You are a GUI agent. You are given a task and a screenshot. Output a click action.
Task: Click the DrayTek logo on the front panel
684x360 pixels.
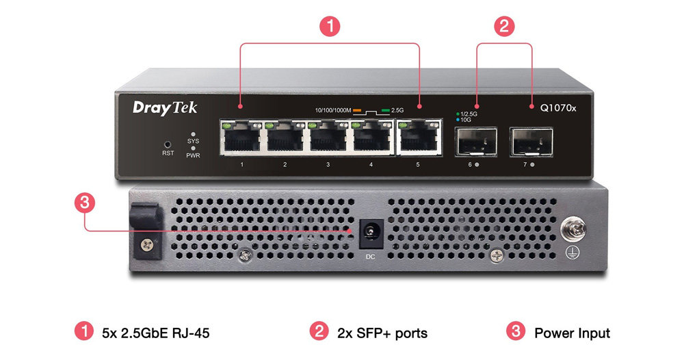(155, 107)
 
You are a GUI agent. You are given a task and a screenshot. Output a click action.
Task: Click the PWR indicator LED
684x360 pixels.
(194, 148)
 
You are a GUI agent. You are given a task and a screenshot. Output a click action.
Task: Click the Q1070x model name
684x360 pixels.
(558, 107)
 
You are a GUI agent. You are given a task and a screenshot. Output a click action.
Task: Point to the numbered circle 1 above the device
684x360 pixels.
(330, 27)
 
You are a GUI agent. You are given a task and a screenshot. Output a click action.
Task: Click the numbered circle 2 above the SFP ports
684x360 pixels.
(504, 27)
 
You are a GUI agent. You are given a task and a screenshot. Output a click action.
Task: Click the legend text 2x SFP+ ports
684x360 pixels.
(382, 333)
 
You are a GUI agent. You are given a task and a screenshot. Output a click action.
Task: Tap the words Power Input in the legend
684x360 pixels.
(572, 333)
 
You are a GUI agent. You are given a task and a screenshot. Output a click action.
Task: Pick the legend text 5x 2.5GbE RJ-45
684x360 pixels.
(155, 333)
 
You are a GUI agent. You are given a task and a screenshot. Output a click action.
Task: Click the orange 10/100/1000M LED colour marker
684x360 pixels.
(357, 110)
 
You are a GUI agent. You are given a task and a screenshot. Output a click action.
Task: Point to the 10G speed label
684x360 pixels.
(465, 120)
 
